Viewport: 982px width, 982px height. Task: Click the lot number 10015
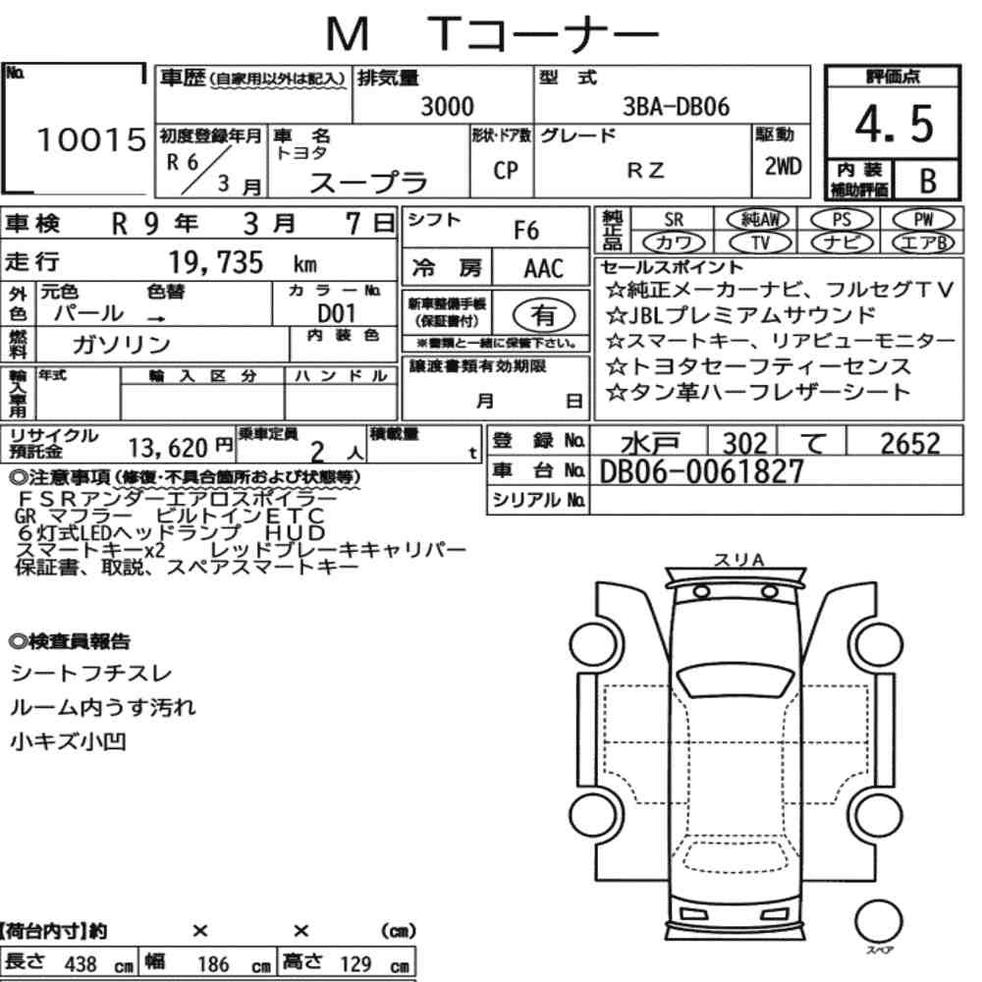tap(91, 139)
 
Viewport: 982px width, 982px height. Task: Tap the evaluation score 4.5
tap(894, 124)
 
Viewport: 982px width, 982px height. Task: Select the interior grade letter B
tap(928, 181)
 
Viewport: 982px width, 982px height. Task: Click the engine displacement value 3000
tap(447, 106)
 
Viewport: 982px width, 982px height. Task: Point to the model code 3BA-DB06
tap(676, 107)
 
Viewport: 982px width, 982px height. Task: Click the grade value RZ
tap(645, 170)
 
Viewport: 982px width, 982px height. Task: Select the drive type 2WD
tap(783, 166)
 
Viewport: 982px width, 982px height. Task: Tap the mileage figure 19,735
tap(216, 262)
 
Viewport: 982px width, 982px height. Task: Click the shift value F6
tap(526, 231)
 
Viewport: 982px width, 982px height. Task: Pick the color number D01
tap(336, 313)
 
